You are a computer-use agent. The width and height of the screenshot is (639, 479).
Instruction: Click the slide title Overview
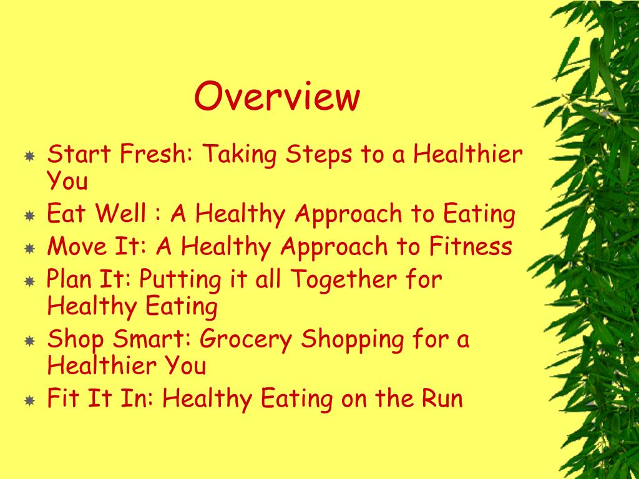(x=277, y=97)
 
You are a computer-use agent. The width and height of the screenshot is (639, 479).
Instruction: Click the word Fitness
(x=471, y=246)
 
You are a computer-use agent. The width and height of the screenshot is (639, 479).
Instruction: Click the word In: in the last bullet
(x=140, y=398)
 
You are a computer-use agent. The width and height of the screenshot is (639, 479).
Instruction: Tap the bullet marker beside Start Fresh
(x=29, y=155)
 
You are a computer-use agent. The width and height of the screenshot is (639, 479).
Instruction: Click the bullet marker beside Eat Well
(x=29, y=216)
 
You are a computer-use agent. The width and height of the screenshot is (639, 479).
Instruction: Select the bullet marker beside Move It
(x=29, y=248)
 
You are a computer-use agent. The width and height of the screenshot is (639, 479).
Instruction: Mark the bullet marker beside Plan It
(x=29, y=281)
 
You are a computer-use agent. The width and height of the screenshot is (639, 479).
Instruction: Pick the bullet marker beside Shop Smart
(x=29, y=341)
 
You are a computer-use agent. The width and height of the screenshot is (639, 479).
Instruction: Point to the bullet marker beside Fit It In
(x=29, y=400)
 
